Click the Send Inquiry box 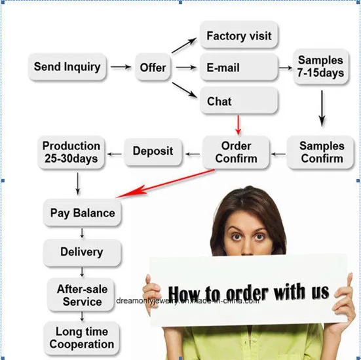[67, 67]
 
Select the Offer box [153, 67]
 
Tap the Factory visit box [238, 35]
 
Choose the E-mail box [238, 67]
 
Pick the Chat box [238, 101]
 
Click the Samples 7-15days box [321, 67]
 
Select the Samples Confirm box [320, 152]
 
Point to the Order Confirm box [236, 152]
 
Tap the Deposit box [153, 151]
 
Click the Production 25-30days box [71, 152]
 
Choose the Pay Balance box [82, 213]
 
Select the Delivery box [82, 252]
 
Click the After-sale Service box [81, 295]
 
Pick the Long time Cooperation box [81, 338]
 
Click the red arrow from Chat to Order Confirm [238, 125]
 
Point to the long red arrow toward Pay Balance [165, 184]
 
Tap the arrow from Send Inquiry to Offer [121, 67]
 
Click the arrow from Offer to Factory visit [184, 45]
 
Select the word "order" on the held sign [247, 294]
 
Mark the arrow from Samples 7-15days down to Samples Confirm [322, 108]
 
